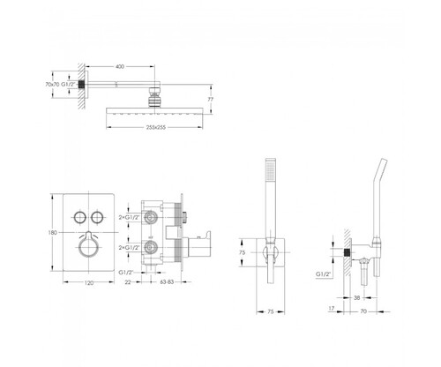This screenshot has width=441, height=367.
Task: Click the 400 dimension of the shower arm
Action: click(120, 67)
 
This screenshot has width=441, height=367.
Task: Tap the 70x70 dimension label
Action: click(52, 85)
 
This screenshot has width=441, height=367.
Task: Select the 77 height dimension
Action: click(211, 100)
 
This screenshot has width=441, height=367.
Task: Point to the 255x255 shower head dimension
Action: click(156, 127)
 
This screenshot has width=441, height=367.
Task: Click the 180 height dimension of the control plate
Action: click(52, 233)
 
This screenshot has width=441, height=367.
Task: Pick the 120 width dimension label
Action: click(89, 283)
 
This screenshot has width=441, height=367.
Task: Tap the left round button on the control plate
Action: click(79, 217)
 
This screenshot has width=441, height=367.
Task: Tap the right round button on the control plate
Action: click(97, 217)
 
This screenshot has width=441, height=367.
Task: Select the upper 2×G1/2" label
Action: click(129, 218)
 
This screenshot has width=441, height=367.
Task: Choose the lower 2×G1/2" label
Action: click(129, 248)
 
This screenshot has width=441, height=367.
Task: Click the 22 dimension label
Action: click(128, 282)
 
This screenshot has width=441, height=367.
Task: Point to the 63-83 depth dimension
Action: click(167, 282)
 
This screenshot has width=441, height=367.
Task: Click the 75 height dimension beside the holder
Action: click(242, 252)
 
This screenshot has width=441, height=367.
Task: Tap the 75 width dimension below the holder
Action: click(271, 311)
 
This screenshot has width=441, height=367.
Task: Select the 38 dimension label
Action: click(356, 298)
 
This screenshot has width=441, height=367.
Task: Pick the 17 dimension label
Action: click(332, 309)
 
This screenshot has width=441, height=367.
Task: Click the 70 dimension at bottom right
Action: click(363, 311)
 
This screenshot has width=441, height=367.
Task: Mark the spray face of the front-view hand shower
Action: click(270, 170)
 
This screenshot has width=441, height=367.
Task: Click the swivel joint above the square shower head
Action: click(154, 97)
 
